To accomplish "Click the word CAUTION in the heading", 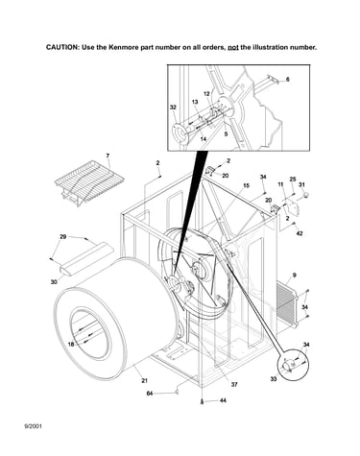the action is tap(62, 47).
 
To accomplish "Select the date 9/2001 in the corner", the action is tap(33, 426).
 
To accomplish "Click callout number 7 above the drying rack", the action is tap(108, 156).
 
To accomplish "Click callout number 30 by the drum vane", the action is tap(54, 282).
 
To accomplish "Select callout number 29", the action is tap(63, 237).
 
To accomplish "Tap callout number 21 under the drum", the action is tap(144, 380).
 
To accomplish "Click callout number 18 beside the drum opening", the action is tap(71, 345).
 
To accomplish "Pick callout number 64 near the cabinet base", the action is tap(150, 394).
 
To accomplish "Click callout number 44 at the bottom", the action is tap(223, 400).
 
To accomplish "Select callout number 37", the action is tap(234, 384).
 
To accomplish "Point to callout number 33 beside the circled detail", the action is tap(274, 379).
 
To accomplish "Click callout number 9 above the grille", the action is tap(294, 275).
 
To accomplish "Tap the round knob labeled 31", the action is tap(306, 194).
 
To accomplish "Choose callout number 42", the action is tap(300, 233).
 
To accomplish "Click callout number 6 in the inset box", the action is tap(287, 79).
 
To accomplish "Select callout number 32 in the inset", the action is tap(173, 108).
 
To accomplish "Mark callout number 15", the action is tap(246, 185).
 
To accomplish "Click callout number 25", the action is tap(293, 180).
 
